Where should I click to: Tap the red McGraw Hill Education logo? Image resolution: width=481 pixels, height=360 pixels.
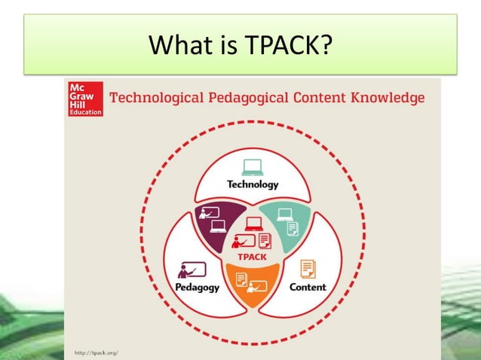[x=84, y=97]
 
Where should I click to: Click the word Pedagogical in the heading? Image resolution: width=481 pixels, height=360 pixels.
[x=240, y=98]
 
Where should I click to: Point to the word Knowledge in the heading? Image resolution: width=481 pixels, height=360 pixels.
[x=385, y=98]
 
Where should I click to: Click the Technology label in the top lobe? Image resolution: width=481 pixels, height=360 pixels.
[x=253, y=184]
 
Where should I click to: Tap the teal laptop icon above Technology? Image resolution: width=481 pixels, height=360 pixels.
[x=253, y=166]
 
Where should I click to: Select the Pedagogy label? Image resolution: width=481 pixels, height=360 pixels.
[x=198, y=287]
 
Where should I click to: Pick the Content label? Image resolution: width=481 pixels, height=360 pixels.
[x=308, y=287]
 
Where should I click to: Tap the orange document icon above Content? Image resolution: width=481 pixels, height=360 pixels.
[x=308, y=267]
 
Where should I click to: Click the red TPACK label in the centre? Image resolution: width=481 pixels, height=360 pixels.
[x=252, y=256]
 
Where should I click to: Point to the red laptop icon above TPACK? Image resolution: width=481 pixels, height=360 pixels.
[x=253, y=224]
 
